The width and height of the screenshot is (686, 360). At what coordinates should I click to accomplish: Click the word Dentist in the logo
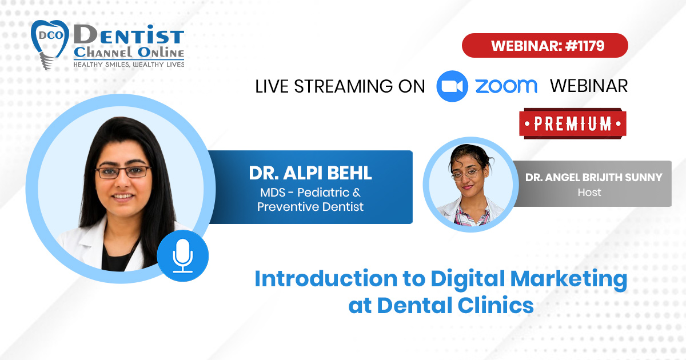point(129,35)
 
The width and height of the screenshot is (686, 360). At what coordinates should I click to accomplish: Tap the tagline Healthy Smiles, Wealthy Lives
point(129,65)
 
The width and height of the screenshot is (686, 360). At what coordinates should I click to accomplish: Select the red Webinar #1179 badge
point(545,46)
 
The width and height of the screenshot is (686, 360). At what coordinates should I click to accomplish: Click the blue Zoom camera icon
point(452,86)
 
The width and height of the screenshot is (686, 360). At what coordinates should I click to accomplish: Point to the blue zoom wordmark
point(506,86)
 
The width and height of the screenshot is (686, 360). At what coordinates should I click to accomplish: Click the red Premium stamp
point(573,123)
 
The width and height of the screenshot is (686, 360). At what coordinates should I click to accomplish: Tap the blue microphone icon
point(183,255)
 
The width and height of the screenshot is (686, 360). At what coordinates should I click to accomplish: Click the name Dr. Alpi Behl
point(310,173)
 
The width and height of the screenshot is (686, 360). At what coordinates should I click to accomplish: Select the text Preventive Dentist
point(310,207)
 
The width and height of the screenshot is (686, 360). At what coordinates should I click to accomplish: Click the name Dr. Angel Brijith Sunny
point(593,177)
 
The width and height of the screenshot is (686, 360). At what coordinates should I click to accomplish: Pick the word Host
point(589,193)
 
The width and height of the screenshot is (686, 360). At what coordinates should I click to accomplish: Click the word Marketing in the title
point(569,279)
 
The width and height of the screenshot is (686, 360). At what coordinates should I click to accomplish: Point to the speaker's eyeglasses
point(123,172)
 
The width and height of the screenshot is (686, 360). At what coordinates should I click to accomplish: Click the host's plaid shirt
point(472,216)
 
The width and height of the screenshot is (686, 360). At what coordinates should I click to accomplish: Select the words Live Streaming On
point(340,86)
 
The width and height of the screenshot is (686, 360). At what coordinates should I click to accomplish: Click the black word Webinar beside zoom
point(589,86)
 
